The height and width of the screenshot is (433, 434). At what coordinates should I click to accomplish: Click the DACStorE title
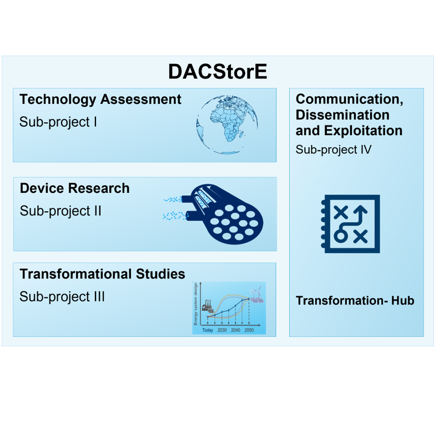(x=218, y=72)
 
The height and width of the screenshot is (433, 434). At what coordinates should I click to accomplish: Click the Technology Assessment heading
(x=100, y=99)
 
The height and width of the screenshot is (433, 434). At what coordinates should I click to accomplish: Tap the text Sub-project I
(x=58, y=122)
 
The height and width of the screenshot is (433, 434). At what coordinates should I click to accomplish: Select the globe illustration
(x=227, y=124)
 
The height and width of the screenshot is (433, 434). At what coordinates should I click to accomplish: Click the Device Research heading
(x=75, y=188)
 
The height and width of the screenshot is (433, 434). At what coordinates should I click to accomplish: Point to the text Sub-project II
(x=60, y=211)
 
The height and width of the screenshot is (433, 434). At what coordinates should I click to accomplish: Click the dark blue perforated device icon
(x=221, y=214)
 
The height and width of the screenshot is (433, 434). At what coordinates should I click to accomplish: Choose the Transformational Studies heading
(x=103, y=274)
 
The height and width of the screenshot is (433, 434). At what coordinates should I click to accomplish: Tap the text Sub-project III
(x=62, y=297)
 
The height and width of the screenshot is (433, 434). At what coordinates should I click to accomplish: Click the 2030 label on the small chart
(x=222, y=330)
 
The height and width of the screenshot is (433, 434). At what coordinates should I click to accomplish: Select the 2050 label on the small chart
(x=249, y=330)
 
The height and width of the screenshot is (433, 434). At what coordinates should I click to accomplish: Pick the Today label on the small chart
(x=208, y=330)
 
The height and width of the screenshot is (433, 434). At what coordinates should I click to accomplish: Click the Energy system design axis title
(x=196, y=304)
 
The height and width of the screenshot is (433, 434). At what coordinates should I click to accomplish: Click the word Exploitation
(x=363, y=131)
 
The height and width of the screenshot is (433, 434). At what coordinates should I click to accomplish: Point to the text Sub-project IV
(x=334, y=150)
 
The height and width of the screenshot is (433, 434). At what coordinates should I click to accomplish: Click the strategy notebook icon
(x=350, y=223)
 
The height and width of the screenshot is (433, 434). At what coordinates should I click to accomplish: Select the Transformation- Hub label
(x=355, y=301)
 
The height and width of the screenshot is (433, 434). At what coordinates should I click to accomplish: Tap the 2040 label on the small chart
(x=235, y=330)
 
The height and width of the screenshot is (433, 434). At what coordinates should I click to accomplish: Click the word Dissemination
(x=342, y=115)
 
